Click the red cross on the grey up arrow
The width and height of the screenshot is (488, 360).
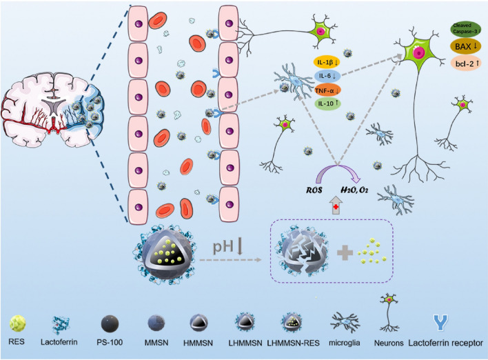[x=336, y=208]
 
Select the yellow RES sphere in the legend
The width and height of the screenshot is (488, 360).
[x=17, y=323]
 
